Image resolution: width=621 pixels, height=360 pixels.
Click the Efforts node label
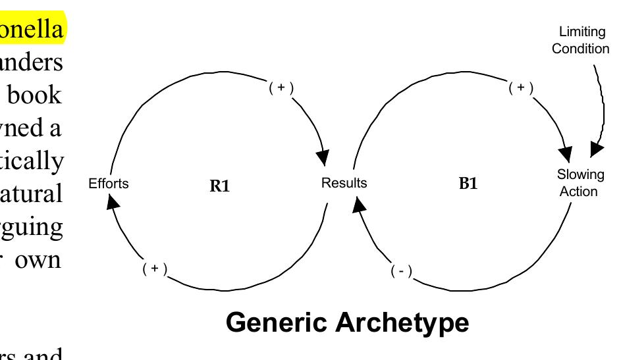(x=109, y=184)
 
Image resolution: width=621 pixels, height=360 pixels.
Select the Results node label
(x=344, y=183)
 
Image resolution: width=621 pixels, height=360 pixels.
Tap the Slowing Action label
(x=580, y=183)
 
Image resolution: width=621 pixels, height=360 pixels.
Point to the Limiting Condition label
(x=580, y=40)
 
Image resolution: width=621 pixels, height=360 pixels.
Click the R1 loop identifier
(x=219, y=186)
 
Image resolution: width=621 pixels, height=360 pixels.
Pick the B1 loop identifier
(x=468, y=184)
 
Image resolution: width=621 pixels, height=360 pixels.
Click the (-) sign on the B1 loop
(x=401, y=271)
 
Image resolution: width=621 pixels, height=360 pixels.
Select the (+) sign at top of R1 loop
(x=281, y=88)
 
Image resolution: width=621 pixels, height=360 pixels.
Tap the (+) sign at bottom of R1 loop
(x=155, y=269)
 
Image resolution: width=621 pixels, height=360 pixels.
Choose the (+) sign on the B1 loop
(x=521, y=88)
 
